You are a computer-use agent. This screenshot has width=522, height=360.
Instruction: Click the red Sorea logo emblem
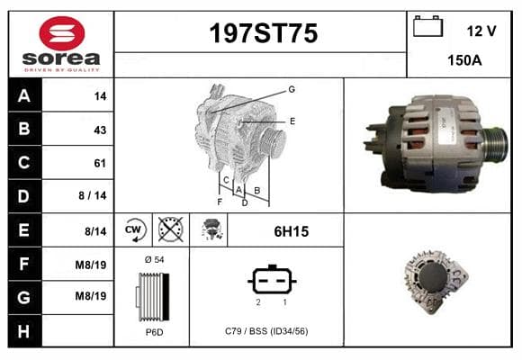click(x=61, y=33)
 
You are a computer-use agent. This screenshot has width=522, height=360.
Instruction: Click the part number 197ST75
click(x=264, y=33)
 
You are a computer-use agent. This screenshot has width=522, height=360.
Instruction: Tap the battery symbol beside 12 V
click(x=427, y=26)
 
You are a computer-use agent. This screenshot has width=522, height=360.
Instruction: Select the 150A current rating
click(x=464, y=60)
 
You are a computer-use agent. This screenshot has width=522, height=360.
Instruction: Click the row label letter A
click(x=24, y=96)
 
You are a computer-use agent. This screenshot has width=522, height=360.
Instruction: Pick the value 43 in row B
click(x=100, y=130)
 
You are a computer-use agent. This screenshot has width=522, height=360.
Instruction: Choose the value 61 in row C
click(x=100, y=163)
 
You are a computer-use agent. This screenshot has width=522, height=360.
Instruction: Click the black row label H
click(x=23, y=331)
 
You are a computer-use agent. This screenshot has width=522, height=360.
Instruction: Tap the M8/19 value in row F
click(x=91, y=265)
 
